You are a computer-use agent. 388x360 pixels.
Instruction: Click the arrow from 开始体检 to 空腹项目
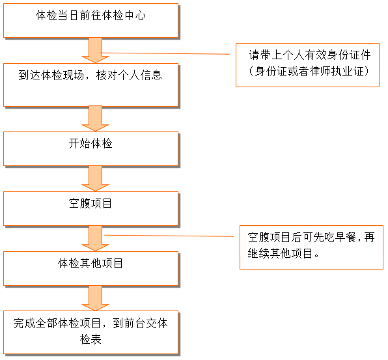[95, 178]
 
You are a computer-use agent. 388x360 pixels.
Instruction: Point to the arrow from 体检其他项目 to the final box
[95, 298]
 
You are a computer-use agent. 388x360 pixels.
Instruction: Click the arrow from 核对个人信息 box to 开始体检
[95, 118]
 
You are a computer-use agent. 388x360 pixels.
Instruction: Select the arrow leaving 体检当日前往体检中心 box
[95, 51]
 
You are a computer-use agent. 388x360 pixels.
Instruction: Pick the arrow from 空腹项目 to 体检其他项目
[95, 238]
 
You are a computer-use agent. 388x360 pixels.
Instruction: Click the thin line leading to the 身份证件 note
[165, 53]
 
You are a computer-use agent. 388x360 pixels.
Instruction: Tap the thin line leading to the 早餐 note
[169, 236]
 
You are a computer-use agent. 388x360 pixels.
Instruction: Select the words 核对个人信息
[129, 75]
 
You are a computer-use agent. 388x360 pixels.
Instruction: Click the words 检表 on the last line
[90, 339]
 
